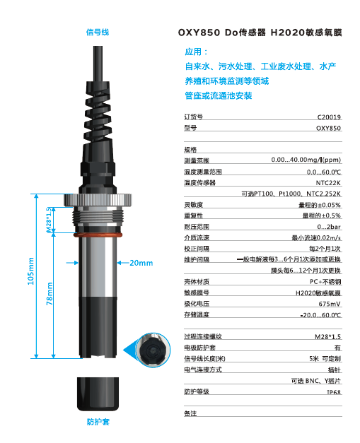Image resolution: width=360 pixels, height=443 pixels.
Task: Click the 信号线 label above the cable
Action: pos(97,32)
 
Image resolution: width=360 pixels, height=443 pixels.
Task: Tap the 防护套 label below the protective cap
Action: pos(97,422)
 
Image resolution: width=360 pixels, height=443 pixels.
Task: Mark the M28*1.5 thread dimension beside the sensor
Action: pos(50,220)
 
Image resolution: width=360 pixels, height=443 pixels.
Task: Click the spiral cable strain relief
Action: pos(98,106)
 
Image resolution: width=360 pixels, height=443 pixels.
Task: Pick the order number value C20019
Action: pos(329,117)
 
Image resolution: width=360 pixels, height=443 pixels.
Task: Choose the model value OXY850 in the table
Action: pos(328,129)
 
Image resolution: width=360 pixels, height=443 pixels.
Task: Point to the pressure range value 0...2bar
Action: pos(329,227)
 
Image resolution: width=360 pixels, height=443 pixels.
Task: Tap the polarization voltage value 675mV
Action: pos(330,303)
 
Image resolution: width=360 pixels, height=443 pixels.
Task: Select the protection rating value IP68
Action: pos(333,391)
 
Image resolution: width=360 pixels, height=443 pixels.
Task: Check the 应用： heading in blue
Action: pos(197,52)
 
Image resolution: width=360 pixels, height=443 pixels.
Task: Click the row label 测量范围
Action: pos(197,161)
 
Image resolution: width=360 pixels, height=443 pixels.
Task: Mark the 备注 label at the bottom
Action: pos(190,413)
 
